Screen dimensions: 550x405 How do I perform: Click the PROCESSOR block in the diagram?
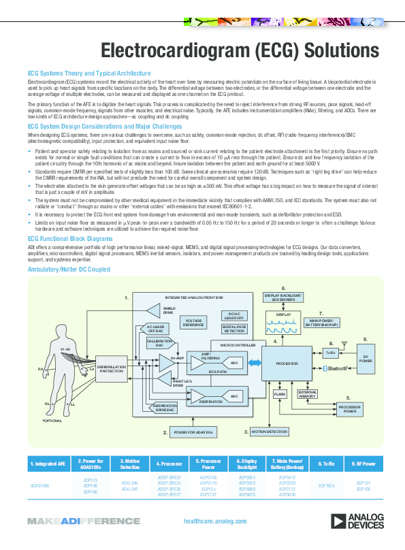click(x=287, y=364)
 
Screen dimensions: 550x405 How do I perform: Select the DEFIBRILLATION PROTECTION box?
click(x=111, y=368)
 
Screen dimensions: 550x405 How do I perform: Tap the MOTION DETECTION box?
click(x=270, y=432)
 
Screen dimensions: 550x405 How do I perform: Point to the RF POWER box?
click(x=366, y=359)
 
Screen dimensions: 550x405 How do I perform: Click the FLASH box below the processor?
click(x=279, y=394)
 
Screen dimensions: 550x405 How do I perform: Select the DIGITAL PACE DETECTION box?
click(x=234, y=330)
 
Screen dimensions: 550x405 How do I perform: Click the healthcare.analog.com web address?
click(x=215, y=521)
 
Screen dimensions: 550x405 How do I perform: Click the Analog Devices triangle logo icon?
click(x=338, y=521)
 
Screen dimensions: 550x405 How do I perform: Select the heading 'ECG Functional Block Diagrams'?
click(x=70, y=240)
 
